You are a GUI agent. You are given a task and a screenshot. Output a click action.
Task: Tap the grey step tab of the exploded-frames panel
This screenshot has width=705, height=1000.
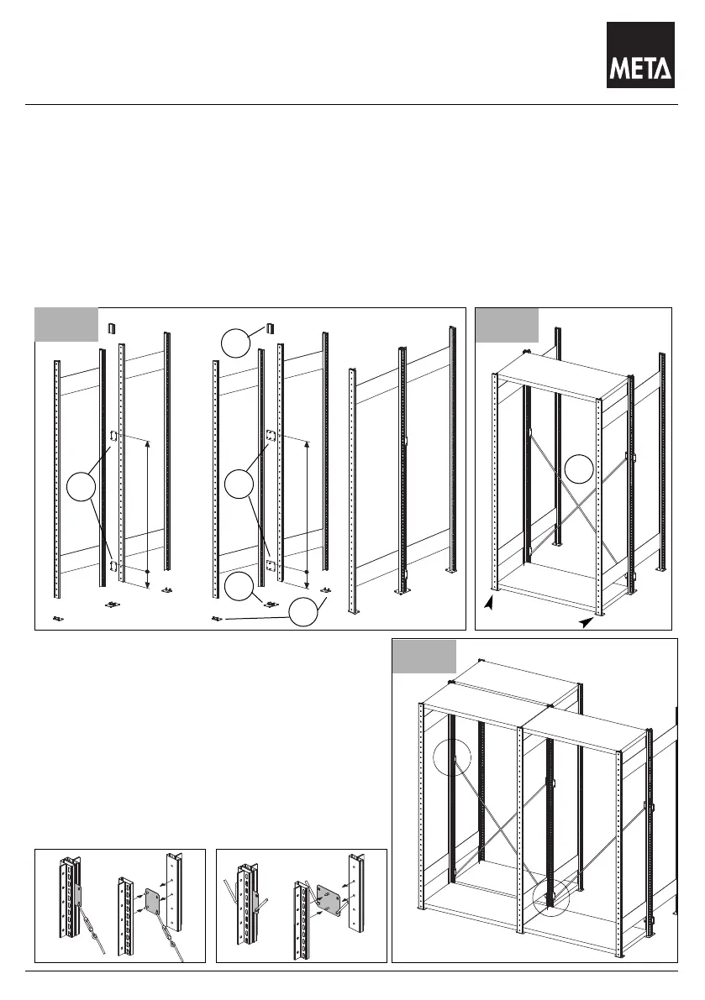(x=66, y=324)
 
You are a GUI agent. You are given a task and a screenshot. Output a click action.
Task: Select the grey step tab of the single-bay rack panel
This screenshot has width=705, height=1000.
(x=507, y=324)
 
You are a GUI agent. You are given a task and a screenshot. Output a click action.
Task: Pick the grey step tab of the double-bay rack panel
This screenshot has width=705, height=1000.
(x=425, y=656)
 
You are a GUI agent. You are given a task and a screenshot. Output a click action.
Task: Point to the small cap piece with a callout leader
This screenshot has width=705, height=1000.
(x=271, y=327)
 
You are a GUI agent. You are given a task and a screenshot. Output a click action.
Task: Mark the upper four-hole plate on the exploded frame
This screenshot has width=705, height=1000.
(x=271, y=437)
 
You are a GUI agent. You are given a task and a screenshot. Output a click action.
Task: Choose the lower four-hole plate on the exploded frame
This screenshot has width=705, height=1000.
(x=271, y=565)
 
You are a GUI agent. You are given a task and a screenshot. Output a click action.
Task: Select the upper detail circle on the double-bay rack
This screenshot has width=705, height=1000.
(x=453, y=759)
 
